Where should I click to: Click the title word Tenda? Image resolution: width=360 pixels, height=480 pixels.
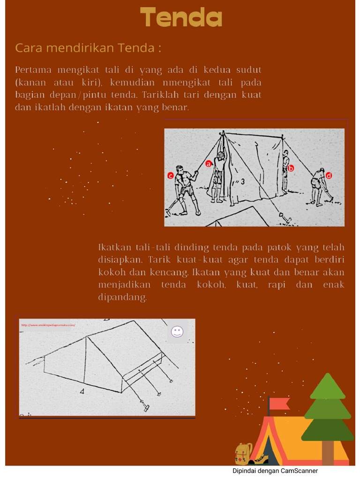[181, 18]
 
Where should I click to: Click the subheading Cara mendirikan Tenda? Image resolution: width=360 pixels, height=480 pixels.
[88, 48]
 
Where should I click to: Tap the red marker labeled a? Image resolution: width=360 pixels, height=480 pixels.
[209, 164]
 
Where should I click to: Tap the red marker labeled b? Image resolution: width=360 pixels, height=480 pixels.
[291, 168]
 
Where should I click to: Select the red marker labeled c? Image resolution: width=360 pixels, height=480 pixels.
[171, 176]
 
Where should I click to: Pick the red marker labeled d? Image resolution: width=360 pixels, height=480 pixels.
[329, 175]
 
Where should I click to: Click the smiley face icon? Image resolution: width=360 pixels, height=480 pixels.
[177, 332]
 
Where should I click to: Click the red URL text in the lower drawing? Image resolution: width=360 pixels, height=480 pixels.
[47, 324]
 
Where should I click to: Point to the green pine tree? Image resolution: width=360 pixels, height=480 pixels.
[328, 408]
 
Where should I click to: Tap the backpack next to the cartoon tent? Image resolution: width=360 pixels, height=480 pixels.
[243, 453]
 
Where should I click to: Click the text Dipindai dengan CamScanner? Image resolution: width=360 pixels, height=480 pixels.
[275, 471]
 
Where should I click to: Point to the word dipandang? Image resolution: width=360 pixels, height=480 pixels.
[122, 298]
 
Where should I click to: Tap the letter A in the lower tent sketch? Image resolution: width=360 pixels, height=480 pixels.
[82, 390]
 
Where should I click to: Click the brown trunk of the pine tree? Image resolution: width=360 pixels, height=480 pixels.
[328, 453]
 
